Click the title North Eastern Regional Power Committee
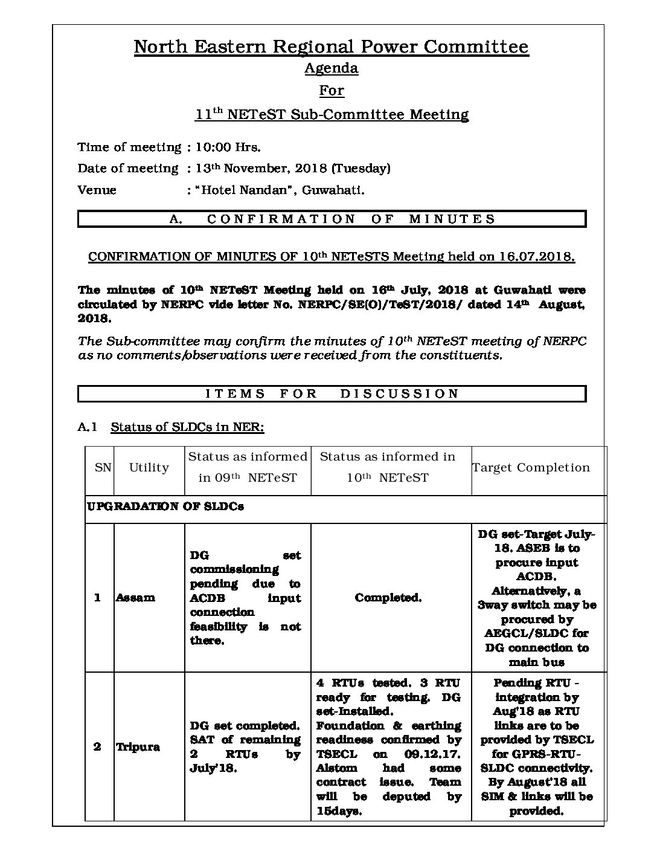point(331,47)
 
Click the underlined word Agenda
point(331,68)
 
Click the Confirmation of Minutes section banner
point(332,219)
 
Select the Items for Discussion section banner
point(332,394)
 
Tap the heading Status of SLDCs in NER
point(187,427)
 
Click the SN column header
point(103,468)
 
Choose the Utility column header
point(149,468)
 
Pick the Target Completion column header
point(531,468)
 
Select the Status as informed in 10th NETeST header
point(387,467)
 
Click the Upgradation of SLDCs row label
point(165,506)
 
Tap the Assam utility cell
point(135,598)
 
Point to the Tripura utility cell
point(138,747)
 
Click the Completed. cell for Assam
point(388,598)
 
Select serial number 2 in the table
point(97,747)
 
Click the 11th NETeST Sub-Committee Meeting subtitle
point(331,114)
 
